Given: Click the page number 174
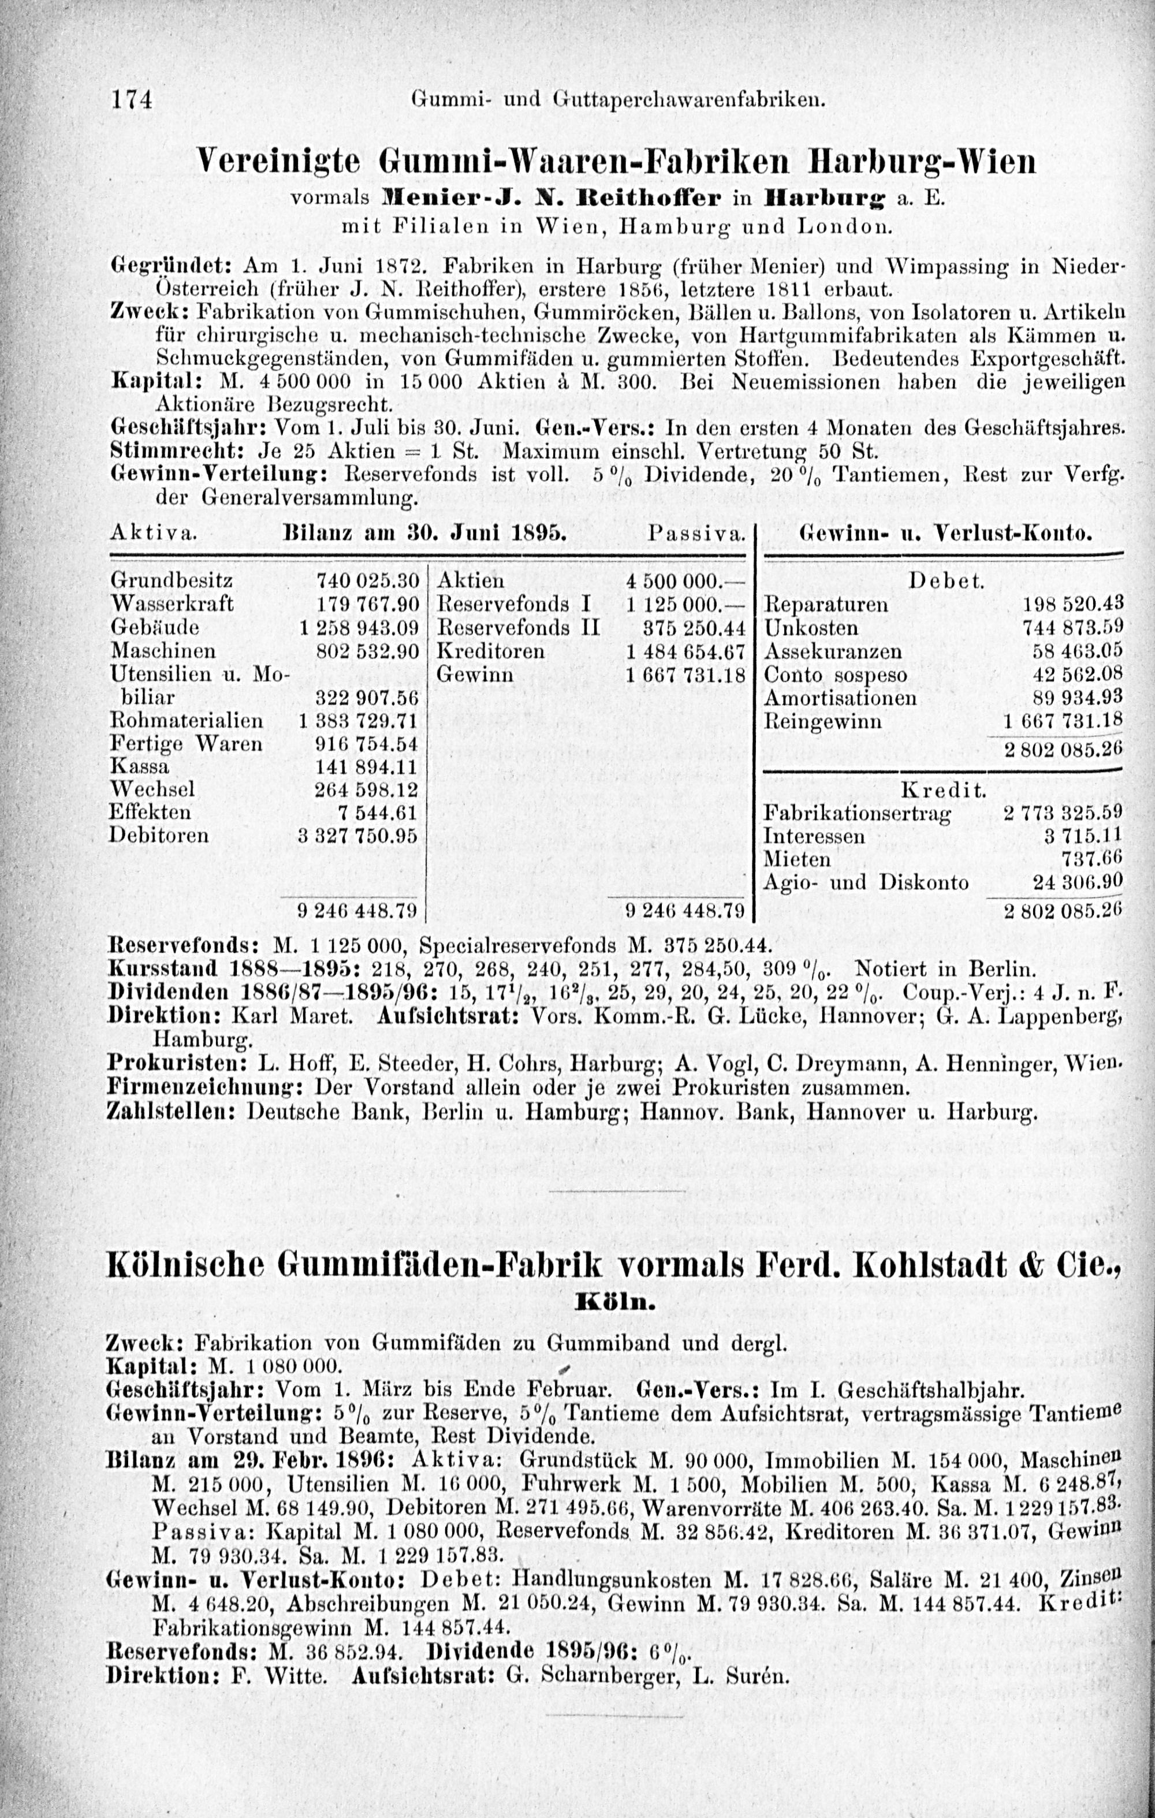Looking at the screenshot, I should [x=132, y=99].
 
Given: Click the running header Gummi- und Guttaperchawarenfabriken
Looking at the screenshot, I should [x=617, y=99].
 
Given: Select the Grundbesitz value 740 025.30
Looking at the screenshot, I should [x=368, y=580].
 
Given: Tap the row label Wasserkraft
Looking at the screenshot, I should [x=172, y=604].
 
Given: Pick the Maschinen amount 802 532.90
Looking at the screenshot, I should [x=368, y=651].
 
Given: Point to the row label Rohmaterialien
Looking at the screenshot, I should [x=187, y=721].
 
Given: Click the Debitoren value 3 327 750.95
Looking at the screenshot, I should [x=359, y=836].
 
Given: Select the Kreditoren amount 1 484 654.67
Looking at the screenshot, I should [x=685, y=651].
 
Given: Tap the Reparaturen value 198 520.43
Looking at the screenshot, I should [x=1072, y=604].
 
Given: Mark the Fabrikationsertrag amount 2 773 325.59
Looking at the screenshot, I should [x=1063, y=814].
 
